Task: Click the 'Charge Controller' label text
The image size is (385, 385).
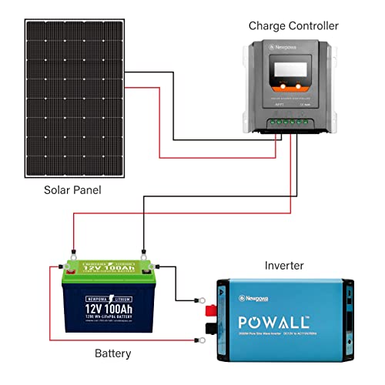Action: [293, 26]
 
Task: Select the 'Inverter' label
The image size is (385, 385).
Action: [283, 266]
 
